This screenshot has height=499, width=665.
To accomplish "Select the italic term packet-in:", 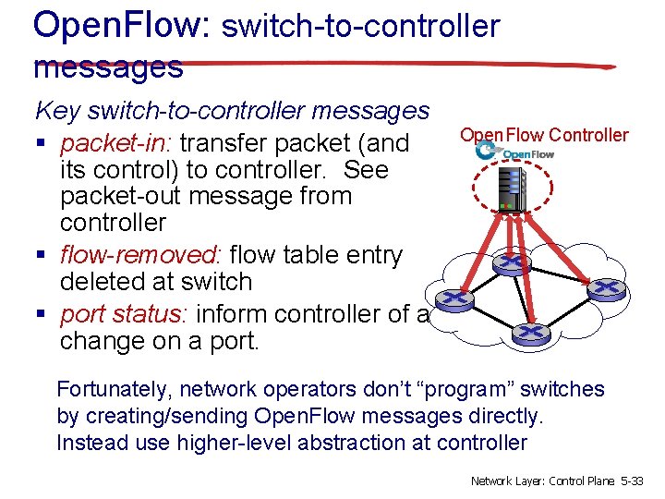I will pyautogui.click(x=119, y=143).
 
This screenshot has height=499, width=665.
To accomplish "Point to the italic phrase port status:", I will pyautogui.click(x=123, y=314).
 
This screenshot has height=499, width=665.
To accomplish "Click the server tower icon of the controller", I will pyautogui.click(x=513, y=189).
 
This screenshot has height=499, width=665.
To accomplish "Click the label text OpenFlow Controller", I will pyautogui.click(x=544, y=135).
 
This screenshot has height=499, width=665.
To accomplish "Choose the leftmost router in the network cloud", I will pyautogui.click(x=453, y=300).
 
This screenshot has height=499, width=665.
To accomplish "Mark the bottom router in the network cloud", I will pyautogui.click(x=529, y=332).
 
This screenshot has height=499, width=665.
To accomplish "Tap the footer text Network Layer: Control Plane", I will pyautogui.click(x=543, y=481).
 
